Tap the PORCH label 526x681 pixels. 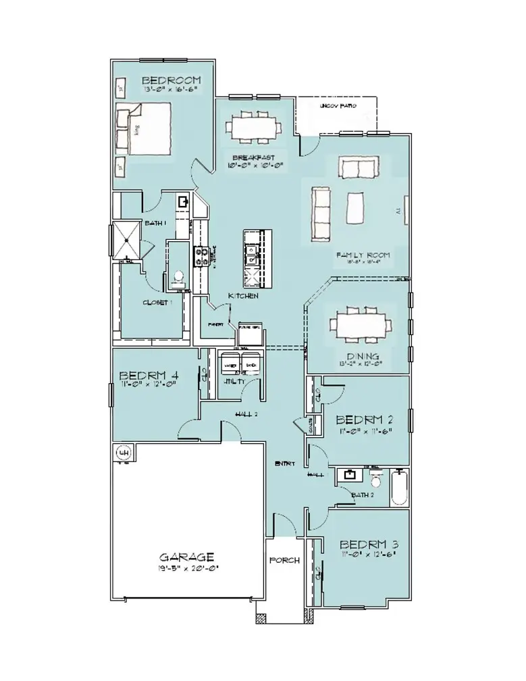click(284, 560)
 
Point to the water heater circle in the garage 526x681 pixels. click(124, 452)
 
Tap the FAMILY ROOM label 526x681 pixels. click(363, 255)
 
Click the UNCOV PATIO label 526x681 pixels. click(338, 107)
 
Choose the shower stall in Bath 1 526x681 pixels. click(125, 240)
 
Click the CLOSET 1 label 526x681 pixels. click(158, 303)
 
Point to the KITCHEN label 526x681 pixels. click(244, 296)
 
